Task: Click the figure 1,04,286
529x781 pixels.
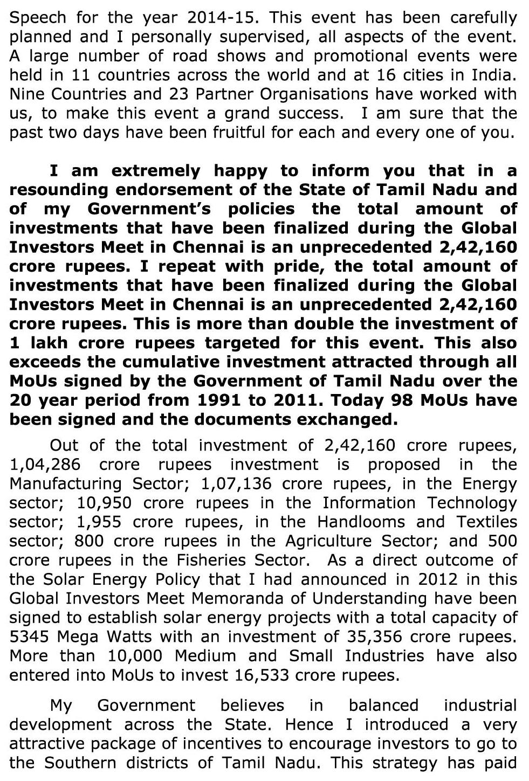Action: pos(45,465)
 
